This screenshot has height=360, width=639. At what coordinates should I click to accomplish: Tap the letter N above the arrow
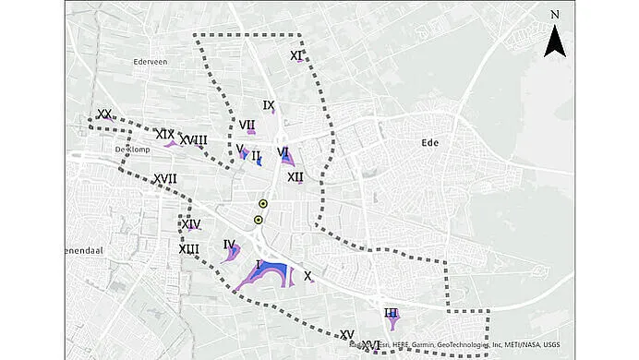coord(554,15)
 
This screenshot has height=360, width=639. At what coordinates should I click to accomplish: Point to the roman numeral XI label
coord(295,55)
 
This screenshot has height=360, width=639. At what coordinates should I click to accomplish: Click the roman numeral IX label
coord(268,105)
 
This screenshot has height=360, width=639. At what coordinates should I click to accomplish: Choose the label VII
coord(247,125)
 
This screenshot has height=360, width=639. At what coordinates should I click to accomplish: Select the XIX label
coord(165,134)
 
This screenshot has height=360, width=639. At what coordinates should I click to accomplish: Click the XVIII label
coord(193,139)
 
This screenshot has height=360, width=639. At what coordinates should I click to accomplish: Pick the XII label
coord(295,176)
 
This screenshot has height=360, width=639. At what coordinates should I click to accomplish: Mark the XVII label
coord(165,178)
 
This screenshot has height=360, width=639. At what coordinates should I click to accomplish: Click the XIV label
coord(191,223)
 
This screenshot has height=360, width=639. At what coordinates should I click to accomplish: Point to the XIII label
coord(188,248)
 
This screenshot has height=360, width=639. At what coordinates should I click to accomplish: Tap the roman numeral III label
coord(392,313)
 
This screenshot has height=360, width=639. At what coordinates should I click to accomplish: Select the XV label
coord(347,333)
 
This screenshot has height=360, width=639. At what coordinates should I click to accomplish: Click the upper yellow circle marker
coord(263,204)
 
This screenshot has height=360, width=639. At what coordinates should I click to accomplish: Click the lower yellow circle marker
coord(259,220)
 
